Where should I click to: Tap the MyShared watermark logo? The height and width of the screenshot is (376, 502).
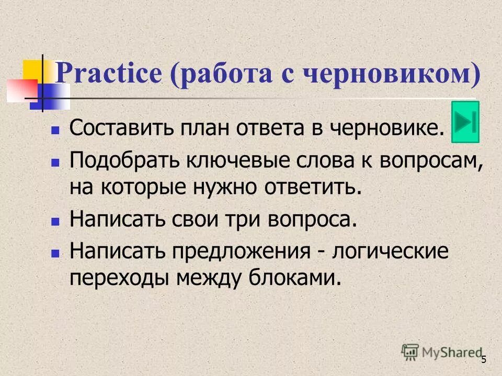pos(441,351)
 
